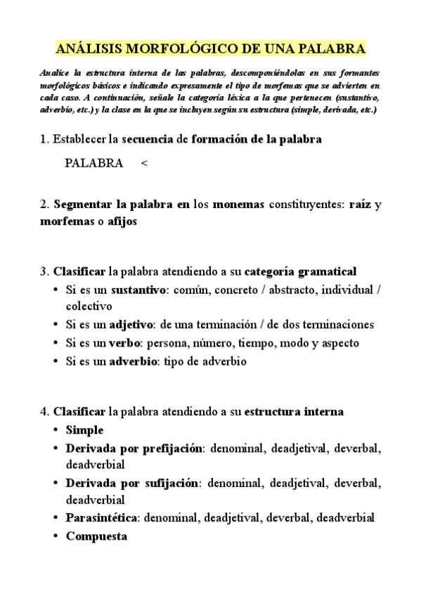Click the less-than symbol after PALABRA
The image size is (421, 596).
click(x=143, y=164)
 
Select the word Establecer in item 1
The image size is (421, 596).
click(x=78, y=139)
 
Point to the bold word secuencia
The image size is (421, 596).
click(x=148, y=139)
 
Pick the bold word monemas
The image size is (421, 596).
click(x=238, y=205)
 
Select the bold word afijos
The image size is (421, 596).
click(x=120, y=221)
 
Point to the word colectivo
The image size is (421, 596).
click(x=89, y=306)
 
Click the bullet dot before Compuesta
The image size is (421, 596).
click(x=56, y=536)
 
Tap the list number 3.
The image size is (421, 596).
click(x=44, y=271)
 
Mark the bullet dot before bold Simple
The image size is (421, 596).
click(x=56, y=430)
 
